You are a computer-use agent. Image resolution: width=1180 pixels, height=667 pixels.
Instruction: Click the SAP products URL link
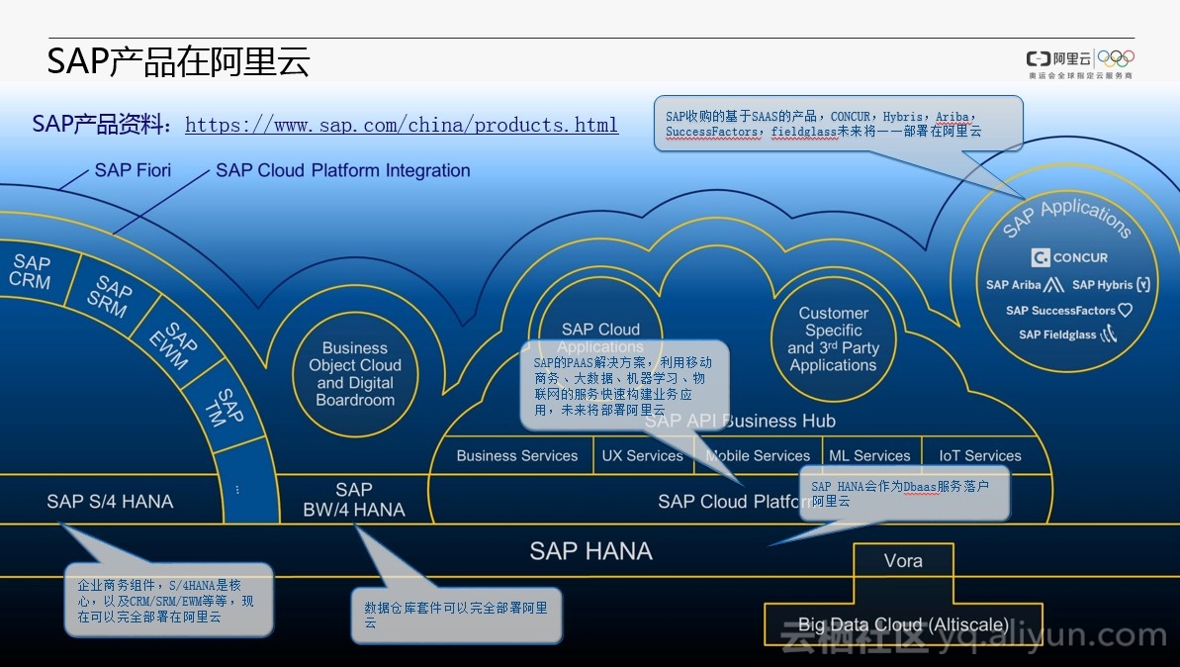401,126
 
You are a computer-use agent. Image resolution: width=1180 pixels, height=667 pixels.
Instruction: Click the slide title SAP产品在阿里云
179,61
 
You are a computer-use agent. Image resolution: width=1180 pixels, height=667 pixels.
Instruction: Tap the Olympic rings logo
1116,58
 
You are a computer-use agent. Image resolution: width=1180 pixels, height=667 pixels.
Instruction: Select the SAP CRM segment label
31,271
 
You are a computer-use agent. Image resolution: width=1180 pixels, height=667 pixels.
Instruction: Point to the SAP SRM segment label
110,297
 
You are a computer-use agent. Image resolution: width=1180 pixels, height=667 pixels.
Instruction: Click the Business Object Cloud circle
355,374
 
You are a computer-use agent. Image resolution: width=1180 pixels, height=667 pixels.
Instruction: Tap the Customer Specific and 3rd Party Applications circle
833,339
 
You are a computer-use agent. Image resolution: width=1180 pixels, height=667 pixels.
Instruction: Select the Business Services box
516,456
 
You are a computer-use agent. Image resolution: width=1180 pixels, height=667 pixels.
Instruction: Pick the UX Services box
642,456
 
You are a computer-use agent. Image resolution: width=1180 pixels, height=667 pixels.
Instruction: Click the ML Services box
869,456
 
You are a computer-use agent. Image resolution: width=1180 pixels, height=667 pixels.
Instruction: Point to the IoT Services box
979,456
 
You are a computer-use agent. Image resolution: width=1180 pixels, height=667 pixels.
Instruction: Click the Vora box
903,561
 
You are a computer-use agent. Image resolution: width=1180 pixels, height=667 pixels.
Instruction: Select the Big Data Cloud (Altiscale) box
903,624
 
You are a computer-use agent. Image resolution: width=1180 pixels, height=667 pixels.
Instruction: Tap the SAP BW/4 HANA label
353,500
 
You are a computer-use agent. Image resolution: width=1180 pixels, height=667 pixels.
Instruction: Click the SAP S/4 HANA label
110,502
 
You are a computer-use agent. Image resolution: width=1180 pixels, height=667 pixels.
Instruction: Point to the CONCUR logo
1069,257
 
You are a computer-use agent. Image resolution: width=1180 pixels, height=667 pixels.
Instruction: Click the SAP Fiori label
133,170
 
